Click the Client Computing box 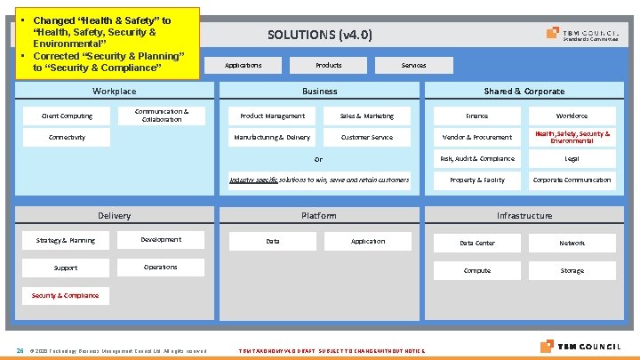click(x=67, y=116)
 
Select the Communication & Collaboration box click(x=161, y=116)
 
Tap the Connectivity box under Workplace click(x=67, y=137)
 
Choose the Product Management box click(x=272, y=116)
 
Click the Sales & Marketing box click(x=366, y=116)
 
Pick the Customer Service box click(x=366, y=137)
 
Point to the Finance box click(x=476, y=116)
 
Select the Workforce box click(x=572, y=116)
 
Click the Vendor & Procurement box click(x=476, y=137)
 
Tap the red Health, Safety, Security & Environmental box click(x=572, y=137)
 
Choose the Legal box click(x=572, y=158)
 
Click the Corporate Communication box click(x=572, y=180)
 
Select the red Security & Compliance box click(x=66, y=294)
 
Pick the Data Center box click(x=476, y=243)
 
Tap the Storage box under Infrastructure click(x=572, y=270)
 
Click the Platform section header click(x=319, y=215)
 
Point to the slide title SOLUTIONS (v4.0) click(x=320, y=36)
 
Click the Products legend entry click(x=328, y=65)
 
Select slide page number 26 click(x=20, y=349)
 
